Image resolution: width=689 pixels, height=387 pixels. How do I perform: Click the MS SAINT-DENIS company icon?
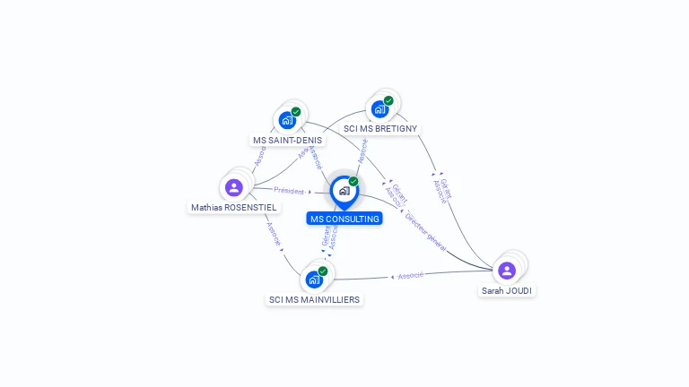(287, 120)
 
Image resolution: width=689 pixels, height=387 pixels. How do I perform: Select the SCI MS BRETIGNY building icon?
(380, 109)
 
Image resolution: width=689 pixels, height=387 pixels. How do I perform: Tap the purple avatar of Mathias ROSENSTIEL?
(234, 187)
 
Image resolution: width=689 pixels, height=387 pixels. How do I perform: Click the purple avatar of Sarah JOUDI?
(507, 270)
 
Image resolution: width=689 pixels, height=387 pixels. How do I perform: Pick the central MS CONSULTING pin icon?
(344, 191)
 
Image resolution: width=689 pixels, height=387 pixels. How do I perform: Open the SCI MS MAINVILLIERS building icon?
(314, 279)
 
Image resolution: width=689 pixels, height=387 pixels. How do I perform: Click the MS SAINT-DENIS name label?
(287, 141)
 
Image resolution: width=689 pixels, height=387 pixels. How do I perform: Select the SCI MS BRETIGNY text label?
(380, 129)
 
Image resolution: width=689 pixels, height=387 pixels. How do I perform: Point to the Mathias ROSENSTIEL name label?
(234, 207)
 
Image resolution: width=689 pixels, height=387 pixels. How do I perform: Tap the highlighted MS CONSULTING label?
(344, 219)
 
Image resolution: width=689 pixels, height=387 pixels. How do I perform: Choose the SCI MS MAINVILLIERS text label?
(314, 299)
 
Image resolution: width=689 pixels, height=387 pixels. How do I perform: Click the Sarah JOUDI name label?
(507, 290)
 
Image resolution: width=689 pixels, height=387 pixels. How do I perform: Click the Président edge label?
(290, 191)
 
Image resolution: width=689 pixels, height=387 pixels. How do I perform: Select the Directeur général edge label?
(425, 230)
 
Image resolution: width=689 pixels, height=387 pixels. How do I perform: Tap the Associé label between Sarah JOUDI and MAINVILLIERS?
(410, 276)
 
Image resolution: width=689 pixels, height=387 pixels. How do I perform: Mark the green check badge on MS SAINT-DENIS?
(296, 112)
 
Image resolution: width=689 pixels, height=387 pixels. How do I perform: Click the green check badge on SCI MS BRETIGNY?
(388, 101)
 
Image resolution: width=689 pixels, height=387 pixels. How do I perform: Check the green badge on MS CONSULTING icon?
(353, 182)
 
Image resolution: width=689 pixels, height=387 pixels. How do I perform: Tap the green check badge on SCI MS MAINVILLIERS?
(323, 271)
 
